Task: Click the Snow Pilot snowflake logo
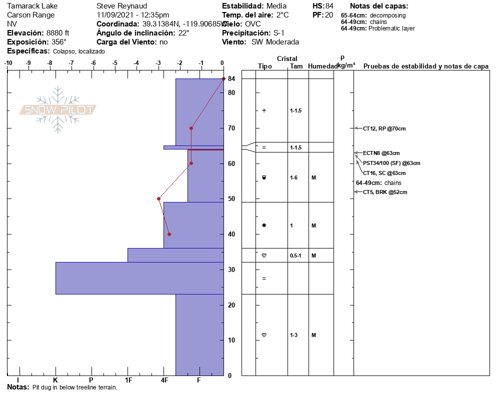(58, 109)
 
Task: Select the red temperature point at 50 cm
(158, 198)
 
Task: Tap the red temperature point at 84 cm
(223, 79)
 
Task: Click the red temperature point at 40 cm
(169, 234)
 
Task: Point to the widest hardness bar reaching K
(139, 278)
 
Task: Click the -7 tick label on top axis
(71, 63)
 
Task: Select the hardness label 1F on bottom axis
(128, 380)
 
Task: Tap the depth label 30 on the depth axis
(231, 269)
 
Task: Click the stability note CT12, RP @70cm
(384, 128)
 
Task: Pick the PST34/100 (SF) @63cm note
(391, 163)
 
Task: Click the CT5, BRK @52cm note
(384, 192)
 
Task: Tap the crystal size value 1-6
(294, 177)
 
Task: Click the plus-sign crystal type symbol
(264, 110)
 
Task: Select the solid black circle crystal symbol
(264, 225)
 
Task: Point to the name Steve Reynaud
(121, 6)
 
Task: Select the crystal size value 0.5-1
(295, 255)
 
